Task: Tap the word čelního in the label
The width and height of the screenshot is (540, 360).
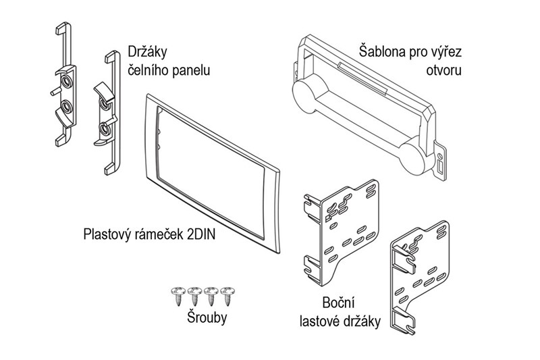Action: click(x=150, y=70)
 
